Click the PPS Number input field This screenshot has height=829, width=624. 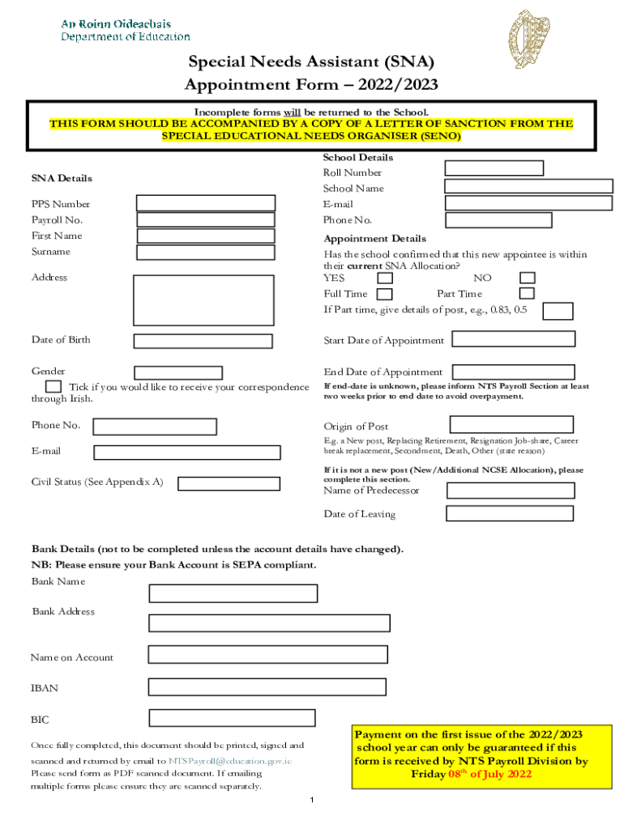point(206,203)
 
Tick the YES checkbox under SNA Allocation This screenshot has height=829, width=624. point(386,278)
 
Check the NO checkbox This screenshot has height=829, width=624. point(528,278)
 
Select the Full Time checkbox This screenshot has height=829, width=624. point(386,294)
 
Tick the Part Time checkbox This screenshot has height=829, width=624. point(527,293)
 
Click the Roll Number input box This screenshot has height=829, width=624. point(494,168)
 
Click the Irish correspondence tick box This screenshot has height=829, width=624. point(53,387)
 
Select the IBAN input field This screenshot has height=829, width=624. point(267,687)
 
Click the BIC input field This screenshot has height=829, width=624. point(232,717)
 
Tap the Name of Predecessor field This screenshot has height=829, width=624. point(511,491)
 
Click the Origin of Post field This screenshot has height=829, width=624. point(511,424)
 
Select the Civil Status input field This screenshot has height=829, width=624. point(229,483)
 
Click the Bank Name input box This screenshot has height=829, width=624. point(233,593)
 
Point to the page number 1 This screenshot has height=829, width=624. point(312,800)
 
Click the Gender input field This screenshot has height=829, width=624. point(178,372)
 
